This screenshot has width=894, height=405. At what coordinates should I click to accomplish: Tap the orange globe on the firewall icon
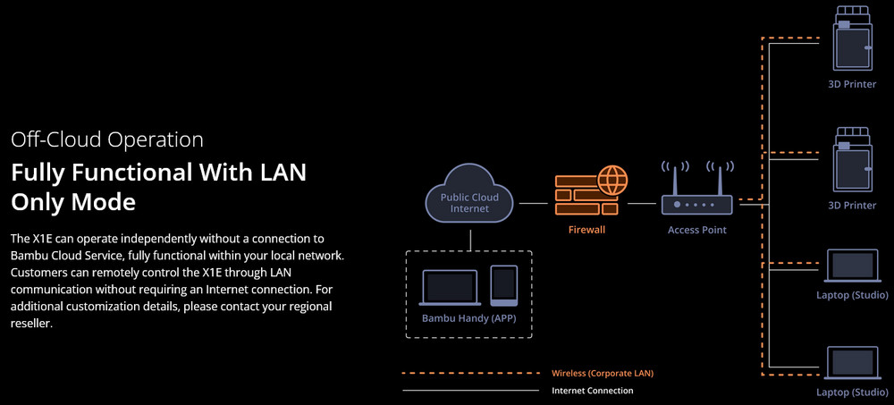point(611,180)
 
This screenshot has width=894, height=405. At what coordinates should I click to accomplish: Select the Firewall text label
point(586,230)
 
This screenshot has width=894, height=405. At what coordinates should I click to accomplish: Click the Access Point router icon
point(697,204)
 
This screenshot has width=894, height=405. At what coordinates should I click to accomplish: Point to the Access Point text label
point(697,230)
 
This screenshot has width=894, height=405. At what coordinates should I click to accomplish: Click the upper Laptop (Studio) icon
point(852,267)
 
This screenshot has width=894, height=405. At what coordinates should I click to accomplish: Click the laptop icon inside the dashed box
point(451,286)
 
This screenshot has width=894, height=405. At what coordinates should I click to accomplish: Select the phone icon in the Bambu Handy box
point(504,285)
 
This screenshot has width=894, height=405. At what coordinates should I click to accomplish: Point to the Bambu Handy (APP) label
point(469,318)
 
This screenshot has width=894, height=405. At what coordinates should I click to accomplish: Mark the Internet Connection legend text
point(593,391)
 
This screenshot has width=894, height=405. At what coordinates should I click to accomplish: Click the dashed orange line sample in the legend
point(470,373)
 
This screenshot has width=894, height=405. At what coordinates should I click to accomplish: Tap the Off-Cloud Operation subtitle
point(107,139)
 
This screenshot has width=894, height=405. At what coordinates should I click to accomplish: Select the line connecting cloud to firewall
point(533,204)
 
